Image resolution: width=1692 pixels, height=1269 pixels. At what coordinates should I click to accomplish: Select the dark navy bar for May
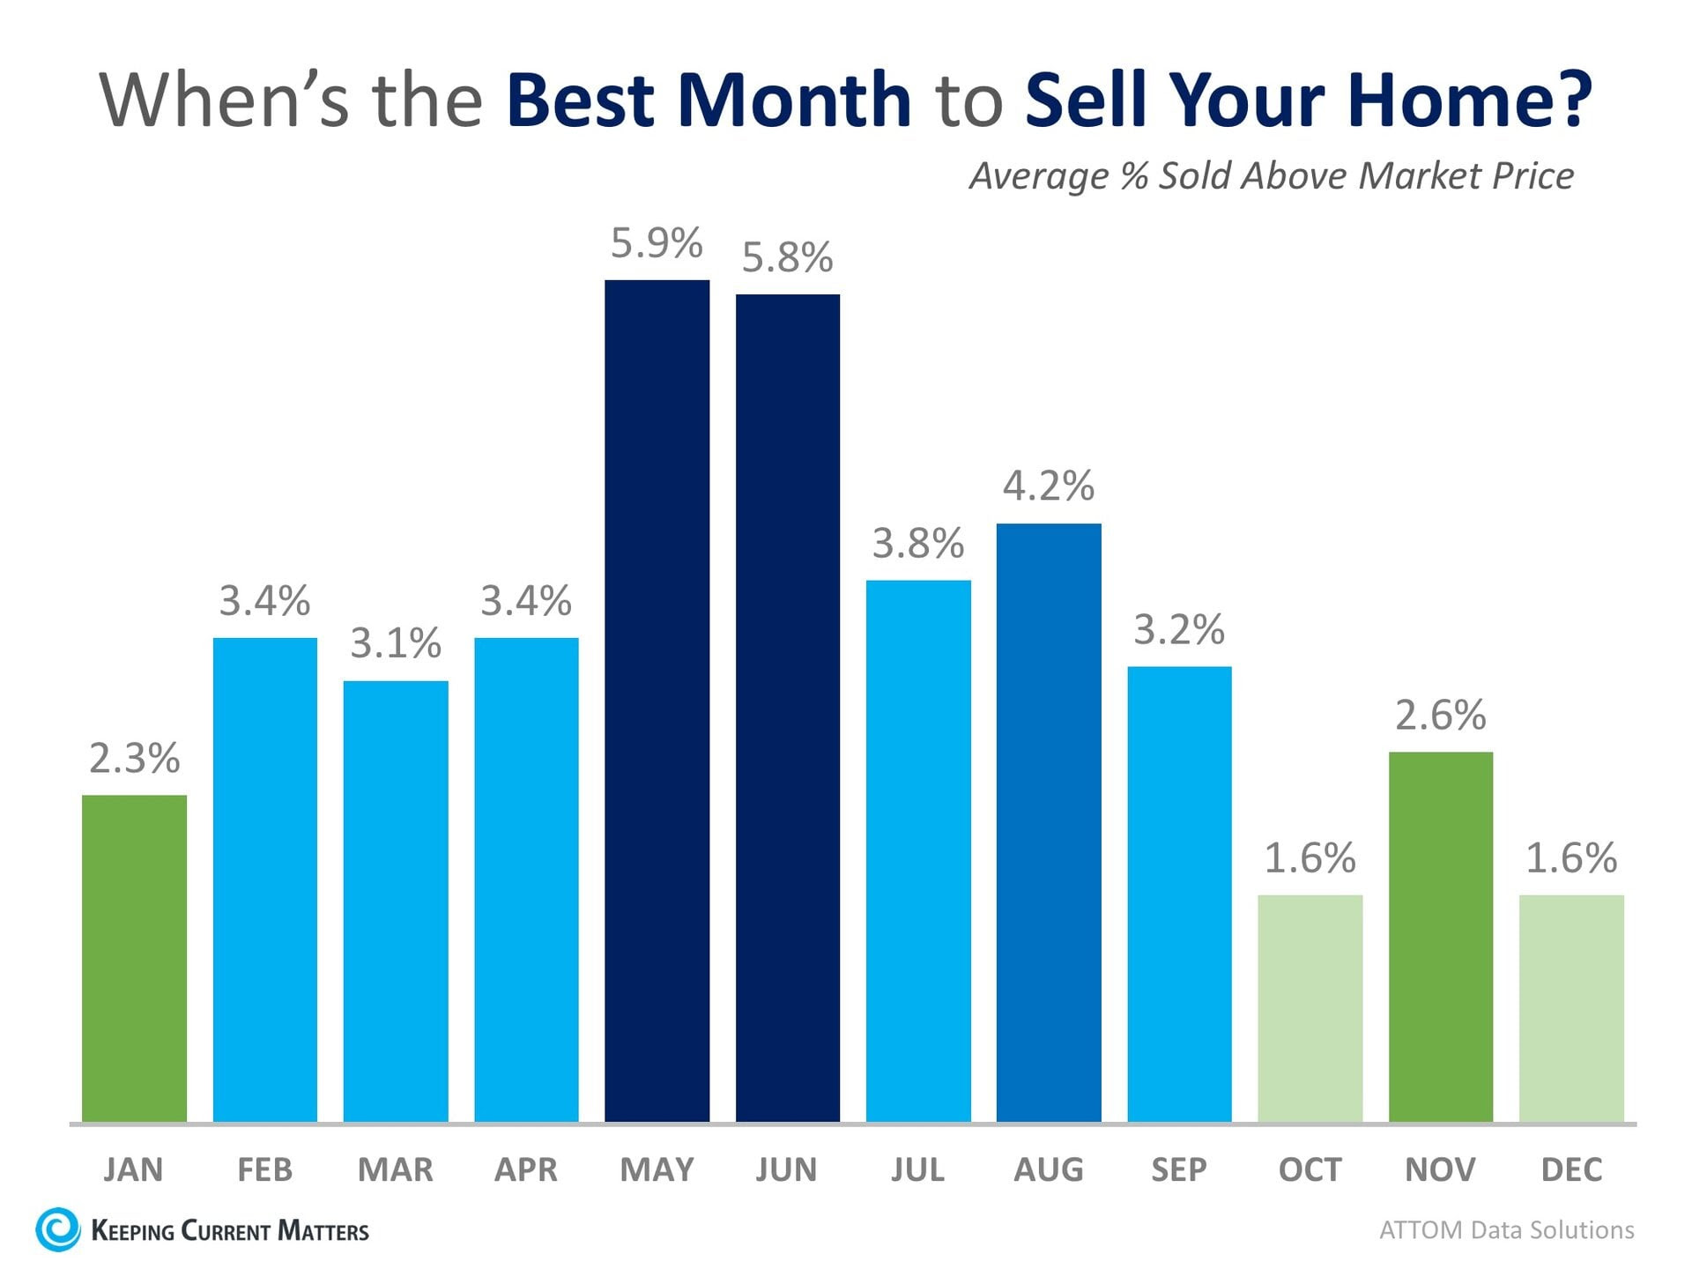click(x=657, y=701)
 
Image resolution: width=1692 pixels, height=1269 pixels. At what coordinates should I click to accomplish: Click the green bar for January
click(x=134, y=958)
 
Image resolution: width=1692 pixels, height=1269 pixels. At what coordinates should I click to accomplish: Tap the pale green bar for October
click(x=1310, y=1008)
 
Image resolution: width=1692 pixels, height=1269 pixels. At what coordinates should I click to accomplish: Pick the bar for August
click(x=1049, y=822)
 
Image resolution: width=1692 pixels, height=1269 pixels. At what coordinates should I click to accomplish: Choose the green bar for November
click(x=1440, y=936)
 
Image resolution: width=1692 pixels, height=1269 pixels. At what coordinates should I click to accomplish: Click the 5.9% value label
click(x=657, y=243)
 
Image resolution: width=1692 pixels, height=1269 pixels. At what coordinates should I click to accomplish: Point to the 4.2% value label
click(x=1049, y=486)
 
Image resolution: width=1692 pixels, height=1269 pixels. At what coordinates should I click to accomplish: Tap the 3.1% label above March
click(x=396, y=643)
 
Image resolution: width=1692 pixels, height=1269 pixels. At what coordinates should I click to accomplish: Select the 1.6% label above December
click(x=1571, y=858)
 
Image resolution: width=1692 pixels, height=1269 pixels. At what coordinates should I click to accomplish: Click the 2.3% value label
click(x=134, y=759)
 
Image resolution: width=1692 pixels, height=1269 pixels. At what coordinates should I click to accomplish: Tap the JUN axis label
click(x=787, y=1169)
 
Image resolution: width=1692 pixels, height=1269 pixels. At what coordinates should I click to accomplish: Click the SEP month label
click(x=1179, y=1169)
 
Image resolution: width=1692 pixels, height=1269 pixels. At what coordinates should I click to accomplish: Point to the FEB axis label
click(x=264, y=1169)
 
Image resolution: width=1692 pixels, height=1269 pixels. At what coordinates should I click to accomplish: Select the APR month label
click(x=526, y=1169)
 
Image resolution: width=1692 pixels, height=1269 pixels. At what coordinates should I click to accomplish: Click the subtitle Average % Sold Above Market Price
click(x=1272, y=175)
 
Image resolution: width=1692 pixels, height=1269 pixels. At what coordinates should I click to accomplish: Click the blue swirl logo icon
click(x=58, y=1229)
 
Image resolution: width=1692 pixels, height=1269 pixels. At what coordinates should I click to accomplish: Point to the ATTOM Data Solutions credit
click(x=1506, y=1230)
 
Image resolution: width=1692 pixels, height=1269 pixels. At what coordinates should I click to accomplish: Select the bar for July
click(x=918, y=850)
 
